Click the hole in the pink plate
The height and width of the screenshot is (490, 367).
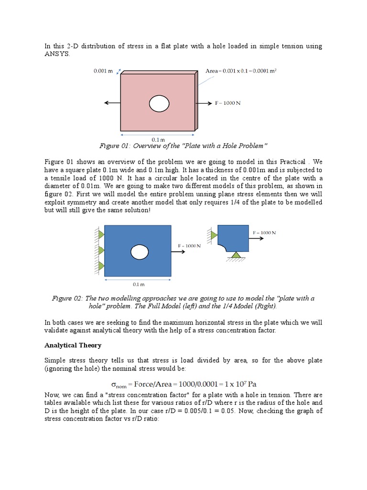(159, 103)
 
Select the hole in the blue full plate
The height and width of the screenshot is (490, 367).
(140, 251)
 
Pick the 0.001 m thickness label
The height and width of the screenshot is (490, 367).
(103, 71)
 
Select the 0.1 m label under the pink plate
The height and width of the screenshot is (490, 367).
(158, 139)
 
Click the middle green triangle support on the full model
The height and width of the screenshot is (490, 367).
(101, 250)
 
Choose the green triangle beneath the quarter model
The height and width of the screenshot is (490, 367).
(236, 255)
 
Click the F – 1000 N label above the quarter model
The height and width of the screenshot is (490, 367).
(264, 233)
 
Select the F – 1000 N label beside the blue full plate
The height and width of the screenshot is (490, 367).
(189, 245)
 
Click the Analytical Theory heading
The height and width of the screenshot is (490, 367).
(73, 345)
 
